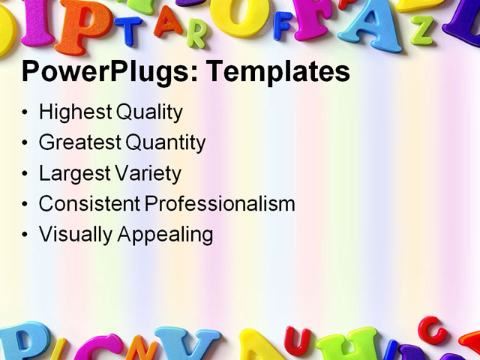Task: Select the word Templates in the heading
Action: point(277,73)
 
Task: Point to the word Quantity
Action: point(165,142)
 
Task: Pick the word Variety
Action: point(148,173)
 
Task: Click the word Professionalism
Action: point(220,203)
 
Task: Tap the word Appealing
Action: point(165,235)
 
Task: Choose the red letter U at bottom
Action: point(296,341)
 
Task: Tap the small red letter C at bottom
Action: point(431,328)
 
